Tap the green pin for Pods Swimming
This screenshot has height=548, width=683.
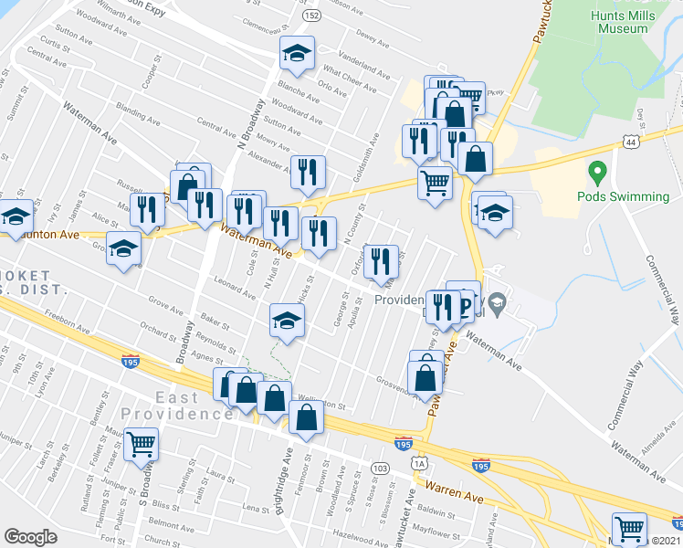click(x=598, y=172)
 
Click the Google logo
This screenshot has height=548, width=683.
click(x=30, y=537)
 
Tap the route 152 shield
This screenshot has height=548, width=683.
click(x=312, y=16)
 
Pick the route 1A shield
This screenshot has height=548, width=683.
click(x=420, y=464)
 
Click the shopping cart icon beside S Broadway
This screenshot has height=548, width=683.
click(x=142, y=445)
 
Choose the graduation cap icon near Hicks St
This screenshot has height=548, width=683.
click(x=287, y=320)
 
